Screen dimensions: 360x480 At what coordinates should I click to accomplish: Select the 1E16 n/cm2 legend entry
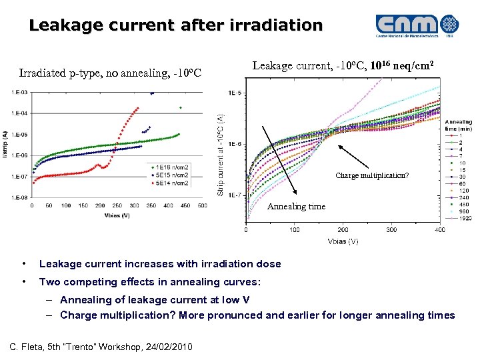[x=172, y=166]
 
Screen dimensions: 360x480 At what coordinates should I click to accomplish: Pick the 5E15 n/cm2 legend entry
[x=172, y=174]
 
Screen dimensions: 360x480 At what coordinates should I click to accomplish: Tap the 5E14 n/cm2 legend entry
[x=172, y=182]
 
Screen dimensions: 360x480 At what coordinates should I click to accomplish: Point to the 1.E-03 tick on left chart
[x=19, y=92]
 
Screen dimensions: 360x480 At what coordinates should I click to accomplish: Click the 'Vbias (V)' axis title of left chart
[x=116, y=215]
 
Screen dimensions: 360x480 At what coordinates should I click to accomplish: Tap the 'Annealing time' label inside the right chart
[x=297, y=207]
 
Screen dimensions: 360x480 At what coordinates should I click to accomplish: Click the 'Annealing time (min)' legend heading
[x=459, y=125]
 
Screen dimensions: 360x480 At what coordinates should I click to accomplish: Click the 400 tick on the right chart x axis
[x=439, y=230]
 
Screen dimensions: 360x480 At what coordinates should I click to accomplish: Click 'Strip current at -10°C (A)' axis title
[x=221, y=153]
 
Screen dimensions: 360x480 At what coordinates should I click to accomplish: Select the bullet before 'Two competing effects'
[x=24, y=281]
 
